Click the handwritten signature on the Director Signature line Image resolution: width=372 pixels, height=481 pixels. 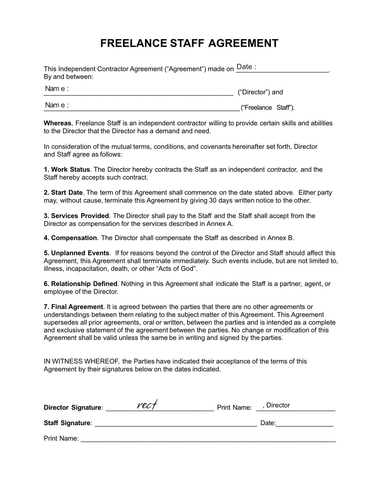[x=147, y=404]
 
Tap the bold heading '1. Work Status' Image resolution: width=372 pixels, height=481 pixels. [x=67, y=169]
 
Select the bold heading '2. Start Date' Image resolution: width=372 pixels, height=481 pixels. [x=63, y=193]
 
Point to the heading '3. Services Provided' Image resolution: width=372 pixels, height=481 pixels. [x=76, y=216]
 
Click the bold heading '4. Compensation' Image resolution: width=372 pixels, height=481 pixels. [x=70, y=238]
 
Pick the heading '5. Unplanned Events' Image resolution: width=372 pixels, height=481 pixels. [x=77, y=253]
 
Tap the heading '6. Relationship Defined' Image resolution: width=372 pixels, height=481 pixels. [x=81, y=284]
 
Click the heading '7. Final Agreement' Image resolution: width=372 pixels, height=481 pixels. [x=74, y=307]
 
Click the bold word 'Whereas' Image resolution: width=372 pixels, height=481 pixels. [x=57, y=123]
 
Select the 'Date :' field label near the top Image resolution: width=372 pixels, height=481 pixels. [x=246, y=67]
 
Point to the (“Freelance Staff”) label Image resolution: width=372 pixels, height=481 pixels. [x=267, y=108]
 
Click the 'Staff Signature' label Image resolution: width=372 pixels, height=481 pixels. [x=67, y=423]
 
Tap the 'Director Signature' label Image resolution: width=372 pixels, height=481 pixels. [x=73, y=408]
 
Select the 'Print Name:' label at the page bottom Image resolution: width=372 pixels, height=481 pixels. [x=61, y=438]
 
